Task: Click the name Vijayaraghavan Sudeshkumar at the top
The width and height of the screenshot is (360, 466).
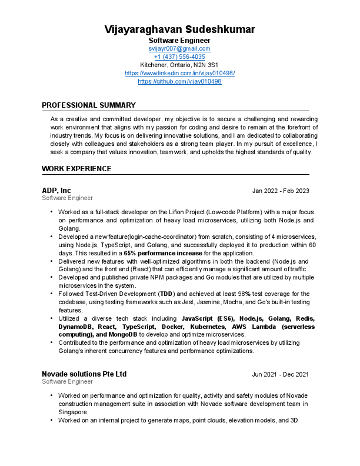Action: pos(179,29)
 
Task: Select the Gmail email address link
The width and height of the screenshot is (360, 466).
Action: pos(179,48)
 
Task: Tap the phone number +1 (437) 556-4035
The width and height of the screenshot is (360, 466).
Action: pos(179,56)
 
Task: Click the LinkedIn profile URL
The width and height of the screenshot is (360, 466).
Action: pos(179,73)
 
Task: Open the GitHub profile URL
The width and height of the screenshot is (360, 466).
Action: pos(179,81)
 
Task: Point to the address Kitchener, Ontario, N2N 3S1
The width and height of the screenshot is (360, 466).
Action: pos(179,65)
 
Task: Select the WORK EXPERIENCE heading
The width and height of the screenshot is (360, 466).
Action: pos(76,169)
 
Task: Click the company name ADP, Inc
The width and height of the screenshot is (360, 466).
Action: pos(56,191)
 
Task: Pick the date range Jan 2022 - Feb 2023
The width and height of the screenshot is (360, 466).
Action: pos(280,191)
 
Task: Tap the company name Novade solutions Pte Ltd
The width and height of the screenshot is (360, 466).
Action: pos(84,374)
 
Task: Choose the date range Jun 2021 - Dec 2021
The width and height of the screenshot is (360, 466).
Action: pos(280,375)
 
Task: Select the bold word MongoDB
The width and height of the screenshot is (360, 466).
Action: pos(113,334)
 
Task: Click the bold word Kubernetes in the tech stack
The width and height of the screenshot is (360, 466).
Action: pos(205,326)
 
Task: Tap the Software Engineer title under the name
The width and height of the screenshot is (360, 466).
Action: pos(179,40)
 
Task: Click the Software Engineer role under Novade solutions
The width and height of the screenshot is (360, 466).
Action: pos(67,382)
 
